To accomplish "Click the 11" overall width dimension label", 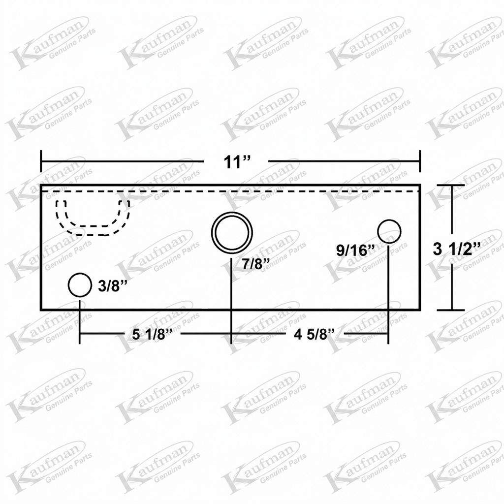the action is point(237,161).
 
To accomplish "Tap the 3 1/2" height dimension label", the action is point(457,249).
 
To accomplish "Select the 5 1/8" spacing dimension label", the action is point(153,335).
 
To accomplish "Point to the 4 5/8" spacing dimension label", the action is point(315,335).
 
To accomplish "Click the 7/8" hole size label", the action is point(255,264).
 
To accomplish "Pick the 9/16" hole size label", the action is point(356,250).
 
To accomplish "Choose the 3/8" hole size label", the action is point(113,286).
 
